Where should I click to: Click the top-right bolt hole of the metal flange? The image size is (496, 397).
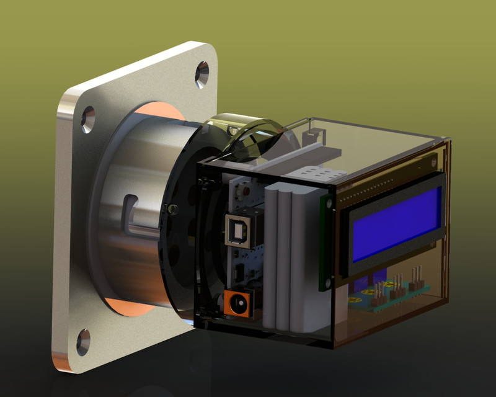(x=202, y=74)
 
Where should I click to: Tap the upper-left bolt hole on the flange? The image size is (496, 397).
(x=88, y=119)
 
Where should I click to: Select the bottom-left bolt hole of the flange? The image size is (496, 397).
(x=83, y=342)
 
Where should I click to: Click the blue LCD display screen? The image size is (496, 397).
(x=397, y=224)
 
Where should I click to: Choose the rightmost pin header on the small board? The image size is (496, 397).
(x=418, y=273)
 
